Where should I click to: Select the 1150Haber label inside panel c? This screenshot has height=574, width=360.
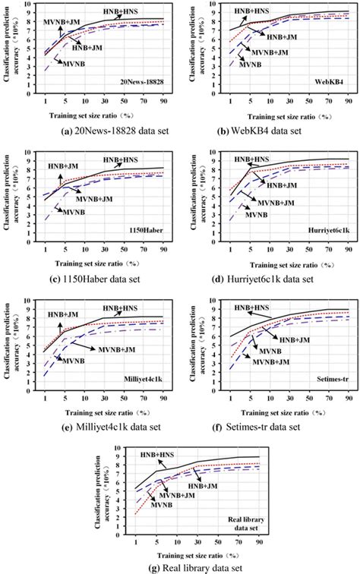click(x=147, y=228)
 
